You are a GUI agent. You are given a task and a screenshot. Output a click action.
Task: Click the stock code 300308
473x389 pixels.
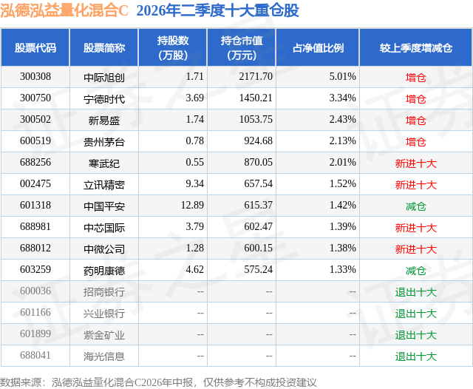[35, 77]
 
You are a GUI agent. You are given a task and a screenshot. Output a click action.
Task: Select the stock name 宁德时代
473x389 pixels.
[104, 98]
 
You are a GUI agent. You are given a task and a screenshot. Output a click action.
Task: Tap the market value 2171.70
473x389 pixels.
[256, 77]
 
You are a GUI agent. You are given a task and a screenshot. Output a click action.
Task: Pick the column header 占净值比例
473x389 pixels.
[318, 47]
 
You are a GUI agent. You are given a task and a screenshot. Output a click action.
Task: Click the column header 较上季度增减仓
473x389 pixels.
[416, 47]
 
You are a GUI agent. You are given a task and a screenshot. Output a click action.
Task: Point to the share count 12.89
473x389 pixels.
[192, 205]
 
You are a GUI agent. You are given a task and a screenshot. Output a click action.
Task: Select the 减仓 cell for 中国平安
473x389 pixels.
[415, 206]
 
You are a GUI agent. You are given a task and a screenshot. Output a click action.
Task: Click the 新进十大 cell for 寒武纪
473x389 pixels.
[415, 163]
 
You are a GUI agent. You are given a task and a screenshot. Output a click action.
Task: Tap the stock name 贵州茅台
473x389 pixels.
[104, 142]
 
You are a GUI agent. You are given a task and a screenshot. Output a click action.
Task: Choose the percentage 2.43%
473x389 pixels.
[343, 120]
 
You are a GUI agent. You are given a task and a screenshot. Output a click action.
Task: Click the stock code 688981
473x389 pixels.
[35, 226]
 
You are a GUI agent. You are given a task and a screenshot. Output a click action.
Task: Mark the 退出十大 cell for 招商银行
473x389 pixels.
[415, 292]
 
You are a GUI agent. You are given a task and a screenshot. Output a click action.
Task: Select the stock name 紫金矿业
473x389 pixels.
[104, 335]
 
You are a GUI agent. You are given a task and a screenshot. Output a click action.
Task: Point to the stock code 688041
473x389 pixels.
[35, 355]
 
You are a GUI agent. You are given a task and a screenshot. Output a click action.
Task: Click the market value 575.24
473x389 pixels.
[258, 269]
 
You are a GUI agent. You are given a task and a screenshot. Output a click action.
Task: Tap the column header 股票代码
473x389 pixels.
[35, 47]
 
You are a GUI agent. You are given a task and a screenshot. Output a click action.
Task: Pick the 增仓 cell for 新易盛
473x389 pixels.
[415, 121]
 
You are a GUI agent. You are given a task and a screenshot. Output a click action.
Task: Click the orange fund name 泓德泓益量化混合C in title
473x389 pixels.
[64, 11]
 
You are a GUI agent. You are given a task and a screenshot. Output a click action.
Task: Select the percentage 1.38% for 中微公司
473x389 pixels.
[343, 248]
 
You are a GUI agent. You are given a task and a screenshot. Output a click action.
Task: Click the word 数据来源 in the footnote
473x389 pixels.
[21, 382]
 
